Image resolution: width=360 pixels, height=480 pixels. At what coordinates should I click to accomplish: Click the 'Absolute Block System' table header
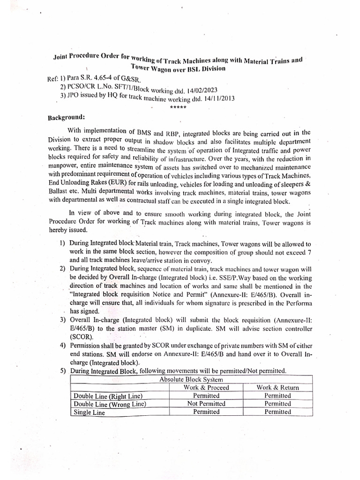click(x=191, y=379)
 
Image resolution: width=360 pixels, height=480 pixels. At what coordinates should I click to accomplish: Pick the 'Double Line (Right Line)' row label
click(x=107, y=396)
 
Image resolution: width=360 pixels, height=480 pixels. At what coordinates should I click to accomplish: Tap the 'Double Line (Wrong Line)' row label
click(x=110, y=404)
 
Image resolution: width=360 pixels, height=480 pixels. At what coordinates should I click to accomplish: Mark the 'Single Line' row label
click(x=90, y=412)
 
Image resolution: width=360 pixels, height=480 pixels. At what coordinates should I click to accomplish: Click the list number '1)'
click(x=62, y=243)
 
